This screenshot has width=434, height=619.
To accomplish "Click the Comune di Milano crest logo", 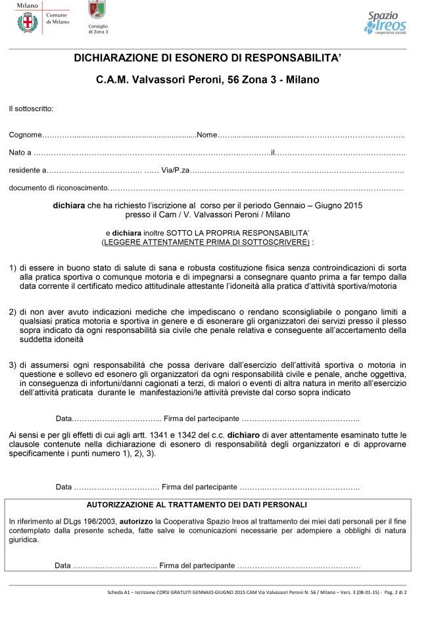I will pos(27,22).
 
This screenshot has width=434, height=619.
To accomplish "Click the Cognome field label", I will pos(25,135).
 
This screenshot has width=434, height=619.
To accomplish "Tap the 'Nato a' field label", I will pos(20,153).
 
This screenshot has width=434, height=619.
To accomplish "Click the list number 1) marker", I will pos(12,268).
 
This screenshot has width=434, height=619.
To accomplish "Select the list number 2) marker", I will pos(12,310).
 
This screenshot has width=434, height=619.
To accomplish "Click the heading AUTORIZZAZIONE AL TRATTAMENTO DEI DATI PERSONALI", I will pos(197,505).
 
